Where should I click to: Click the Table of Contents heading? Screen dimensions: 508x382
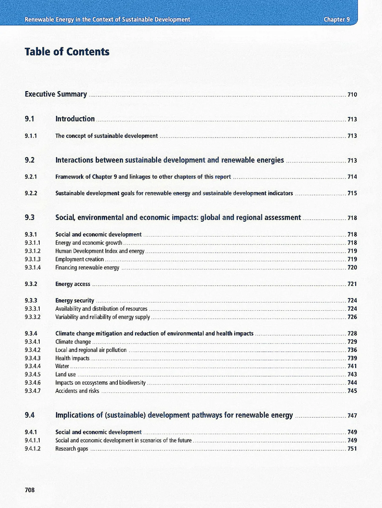coord(67,52)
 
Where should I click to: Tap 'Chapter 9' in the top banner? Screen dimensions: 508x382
coord(336,19)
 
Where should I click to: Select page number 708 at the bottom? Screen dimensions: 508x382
coord(30,490)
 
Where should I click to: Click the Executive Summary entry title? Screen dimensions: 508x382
coord(56,94)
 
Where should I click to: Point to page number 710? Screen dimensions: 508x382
coord(352,95)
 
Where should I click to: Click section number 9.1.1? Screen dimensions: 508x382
coord(31,136)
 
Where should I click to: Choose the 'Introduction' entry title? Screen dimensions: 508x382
coord(75,119)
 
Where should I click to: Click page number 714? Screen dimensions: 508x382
coord(352,177)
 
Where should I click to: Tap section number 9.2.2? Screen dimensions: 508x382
coord(31,193)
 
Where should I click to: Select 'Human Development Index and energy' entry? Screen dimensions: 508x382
coord(100,251)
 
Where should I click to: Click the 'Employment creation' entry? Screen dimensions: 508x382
coord(80,259)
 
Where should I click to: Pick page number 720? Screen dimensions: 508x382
coord(352,268)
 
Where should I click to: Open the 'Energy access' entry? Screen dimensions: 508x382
coord(73,284)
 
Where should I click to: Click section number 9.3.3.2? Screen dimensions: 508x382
coord(33,317)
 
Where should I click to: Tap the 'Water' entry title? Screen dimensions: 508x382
coord(62,366)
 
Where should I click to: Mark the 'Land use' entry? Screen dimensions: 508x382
coord(65,375)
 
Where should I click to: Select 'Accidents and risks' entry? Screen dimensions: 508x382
coord(77,391)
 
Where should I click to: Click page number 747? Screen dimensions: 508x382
coord(352,416)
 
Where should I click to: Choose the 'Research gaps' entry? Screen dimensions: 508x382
coord(71,449)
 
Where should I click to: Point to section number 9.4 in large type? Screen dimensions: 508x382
coord(30,416)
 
